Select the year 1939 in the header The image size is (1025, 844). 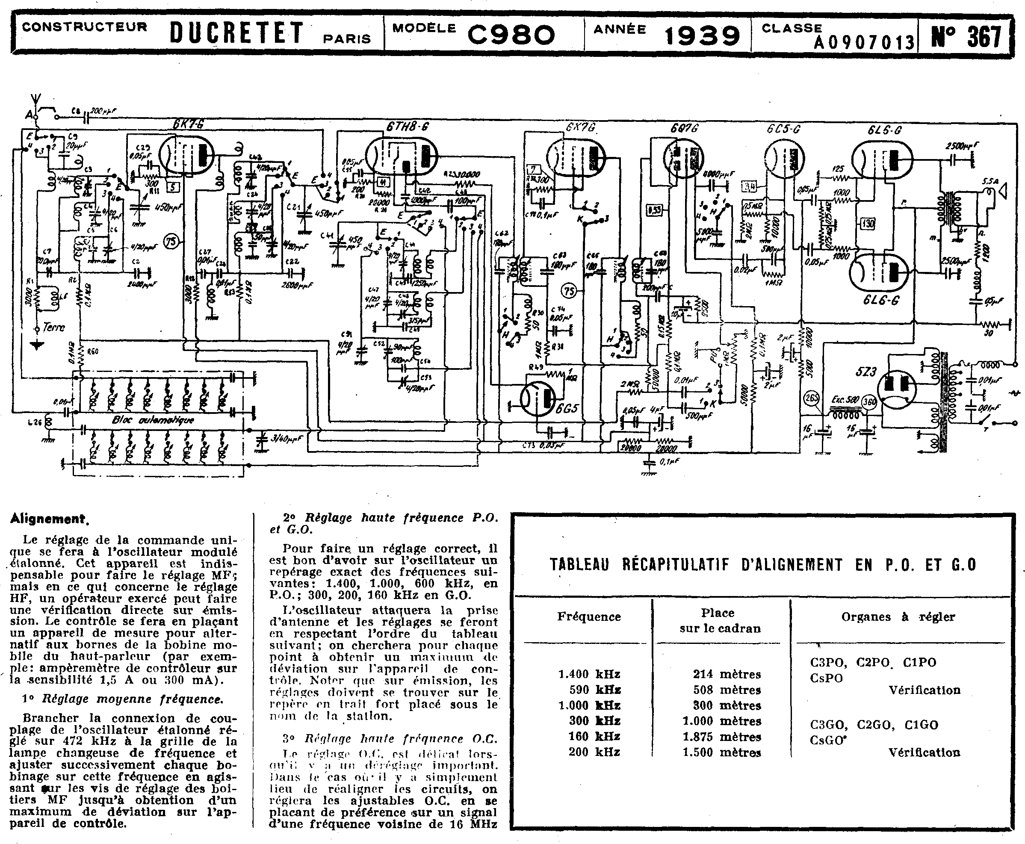coord(702,35)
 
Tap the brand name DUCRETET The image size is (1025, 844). coord(237,33)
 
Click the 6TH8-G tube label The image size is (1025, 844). coord(408,127)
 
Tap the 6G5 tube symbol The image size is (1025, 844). coord(538,397)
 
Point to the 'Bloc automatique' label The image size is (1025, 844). coord(153,420)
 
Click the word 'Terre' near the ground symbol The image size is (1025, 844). coord(53,327)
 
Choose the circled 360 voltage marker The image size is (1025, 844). coord(869,401)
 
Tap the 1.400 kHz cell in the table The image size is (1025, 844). coord(589,674)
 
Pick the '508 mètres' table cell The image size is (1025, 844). coord(727,690)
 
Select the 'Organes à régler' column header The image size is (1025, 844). coord(898,617)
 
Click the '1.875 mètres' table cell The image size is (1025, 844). coord(721,737)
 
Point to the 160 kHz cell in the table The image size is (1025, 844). coord(594,737)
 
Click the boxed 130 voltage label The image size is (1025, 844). coord(868,224)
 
